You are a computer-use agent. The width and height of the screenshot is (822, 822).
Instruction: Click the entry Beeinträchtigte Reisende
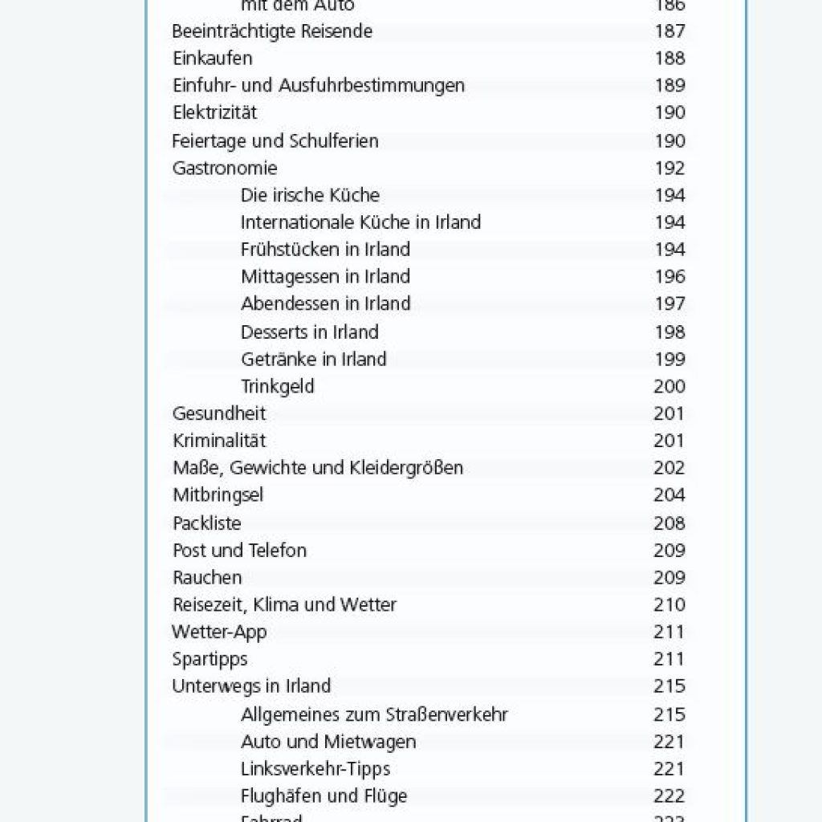[272, 31]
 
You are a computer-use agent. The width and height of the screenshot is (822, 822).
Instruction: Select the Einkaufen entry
[213, 59]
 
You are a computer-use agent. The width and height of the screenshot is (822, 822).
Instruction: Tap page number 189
[669, 86]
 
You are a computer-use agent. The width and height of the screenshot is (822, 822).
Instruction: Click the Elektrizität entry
[215, 113]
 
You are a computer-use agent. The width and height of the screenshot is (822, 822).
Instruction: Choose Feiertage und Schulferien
[275, 141]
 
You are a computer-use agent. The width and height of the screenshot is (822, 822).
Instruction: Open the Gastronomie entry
[225, 169]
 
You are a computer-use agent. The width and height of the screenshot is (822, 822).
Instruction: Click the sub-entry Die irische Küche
[310, 195]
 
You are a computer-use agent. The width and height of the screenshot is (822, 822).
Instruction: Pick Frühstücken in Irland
[325, 250]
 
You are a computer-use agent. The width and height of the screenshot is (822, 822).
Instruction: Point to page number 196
[669, 277]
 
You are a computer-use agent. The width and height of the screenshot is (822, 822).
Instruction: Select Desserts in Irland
[309, 332]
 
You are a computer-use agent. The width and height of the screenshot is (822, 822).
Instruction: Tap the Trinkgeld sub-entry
[278, 387]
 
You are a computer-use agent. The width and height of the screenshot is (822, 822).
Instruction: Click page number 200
[669, 387]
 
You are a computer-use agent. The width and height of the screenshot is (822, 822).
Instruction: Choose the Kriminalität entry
[219, 442]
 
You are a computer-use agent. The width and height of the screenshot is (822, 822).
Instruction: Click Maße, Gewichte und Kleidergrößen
[318, 468]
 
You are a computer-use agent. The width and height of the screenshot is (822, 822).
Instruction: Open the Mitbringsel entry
[218, 495]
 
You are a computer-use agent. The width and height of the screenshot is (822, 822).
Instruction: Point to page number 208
[669, 523]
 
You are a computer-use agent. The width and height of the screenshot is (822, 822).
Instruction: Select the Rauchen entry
[207, 578]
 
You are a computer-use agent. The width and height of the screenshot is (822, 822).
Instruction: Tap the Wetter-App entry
[219, 633]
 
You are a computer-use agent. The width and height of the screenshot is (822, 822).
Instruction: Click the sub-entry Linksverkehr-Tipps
[315, 769]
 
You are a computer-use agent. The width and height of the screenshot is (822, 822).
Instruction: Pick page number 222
[669, 796]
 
